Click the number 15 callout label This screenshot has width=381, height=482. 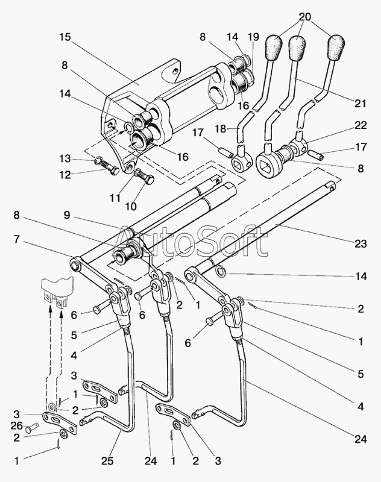click(65, 37)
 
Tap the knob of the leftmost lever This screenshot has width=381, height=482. click(272, 48)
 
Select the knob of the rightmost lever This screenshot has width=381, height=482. click(336, 48)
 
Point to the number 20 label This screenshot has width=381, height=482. click(304, 17)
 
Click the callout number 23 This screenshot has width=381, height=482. click(361, 244)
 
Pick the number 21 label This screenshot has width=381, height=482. click(361, 103)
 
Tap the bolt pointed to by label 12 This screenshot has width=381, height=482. click(109, 167)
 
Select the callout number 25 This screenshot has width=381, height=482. click(108, 460)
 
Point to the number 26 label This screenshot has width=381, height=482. click(17, 425)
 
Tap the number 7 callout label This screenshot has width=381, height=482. click(17, 239)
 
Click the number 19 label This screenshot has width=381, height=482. click(253, 37)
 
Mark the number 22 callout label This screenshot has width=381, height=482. click(361, 125)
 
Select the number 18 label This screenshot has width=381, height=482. click(220, 128)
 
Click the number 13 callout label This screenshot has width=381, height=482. click(65, 158)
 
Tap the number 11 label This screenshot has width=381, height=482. click(115, 198)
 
